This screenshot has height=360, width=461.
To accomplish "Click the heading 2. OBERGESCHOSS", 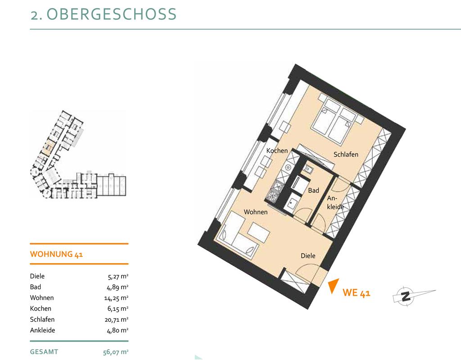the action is click(104, 14).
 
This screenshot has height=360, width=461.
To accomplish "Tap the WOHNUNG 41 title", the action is click(56, 254).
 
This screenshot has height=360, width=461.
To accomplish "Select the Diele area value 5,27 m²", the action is click(118, 276).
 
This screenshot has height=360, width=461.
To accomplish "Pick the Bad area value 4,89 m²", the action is click(118, 287).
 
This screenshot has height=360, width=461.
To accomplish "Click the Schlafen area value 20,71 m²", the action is click(117, 319).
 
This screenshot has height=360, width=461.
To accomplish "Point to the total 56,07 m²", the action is click(116, 352).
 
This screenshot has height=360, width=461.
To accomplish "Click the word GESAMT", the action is click(44, 352).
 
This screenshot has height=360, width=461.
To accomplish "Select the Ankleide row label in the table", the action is click(42, 330).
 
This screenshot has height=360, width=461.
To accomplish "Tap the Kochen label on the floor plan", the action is click(277, 150).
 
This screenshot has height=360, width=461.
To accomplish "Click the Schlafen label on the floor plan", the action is click(346, 154).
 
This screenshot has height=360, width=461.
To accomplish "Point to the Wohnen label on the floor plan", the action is click(256, 212).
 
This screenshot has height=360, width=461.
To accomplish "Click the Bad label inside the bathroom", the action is click(313, 191).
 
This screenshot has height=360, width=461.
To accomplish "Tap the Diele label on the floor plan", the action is click(308, 256).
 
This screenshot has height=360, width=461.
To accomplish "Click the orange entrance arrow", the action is click(334, 286).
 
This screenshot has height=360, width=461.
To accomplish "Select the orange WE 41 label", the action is click(357, 293).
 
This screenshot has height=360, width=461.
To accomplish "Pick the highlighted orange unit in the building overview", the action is click(47, 148).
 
